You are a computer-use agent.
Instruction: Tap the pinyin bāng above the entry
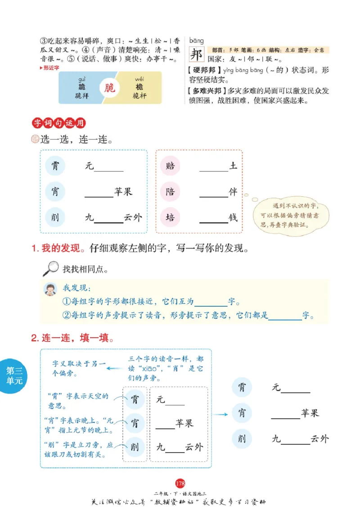point(196,41)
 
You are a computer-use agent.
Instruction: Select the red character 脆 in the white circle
point(110,87)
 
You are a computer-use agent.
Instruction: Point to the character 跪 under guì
point(81,87)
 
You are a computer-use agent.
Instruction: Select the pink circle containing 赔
point(170,166)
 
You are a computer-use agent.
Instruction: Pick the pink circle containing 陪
point(170,192)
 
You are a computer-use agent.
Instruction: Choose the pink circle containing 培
point(170,217)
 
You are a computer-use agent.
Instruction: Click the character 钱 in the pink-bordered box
point(233,217)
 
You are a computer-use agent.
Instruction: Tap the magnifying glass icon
point(50,268)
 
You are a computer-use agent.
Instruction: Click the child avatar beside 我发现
point(50,289)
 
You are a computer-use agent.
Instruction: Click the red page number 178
point(180,484)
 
